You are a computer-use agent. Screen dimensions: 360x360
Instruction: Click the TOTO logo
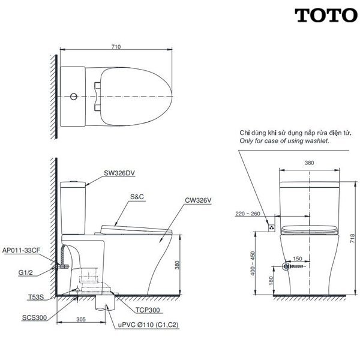click(x=326, y=16)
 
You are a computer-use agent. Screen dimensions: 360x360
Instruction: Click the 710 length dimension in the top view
click(x=116, y=47)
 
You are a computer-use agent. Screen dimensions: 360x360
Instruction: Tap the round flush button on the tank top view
click(x=74, y=97)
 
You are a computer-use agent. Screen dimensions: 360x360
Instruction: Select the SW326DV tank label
click(x=119, y=173)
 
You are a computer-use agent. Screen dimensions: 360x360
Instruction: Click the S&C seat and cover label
click(x=137, y=197)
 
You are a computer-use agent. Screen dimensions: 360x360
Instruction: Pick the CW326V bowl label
click(x=198, y=200)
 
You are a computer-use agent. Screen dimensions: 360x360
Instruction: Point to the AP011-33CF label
click(x=21, y=250)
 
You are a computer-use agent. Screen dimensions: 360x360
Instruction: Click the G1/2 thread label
click(x=25, y=272)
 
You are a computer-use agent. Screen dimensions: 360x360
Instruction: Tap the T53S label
click(x=36, y=298)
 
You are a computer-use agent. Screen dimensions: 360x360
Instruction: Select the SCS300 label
click(x=34, y=318)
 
